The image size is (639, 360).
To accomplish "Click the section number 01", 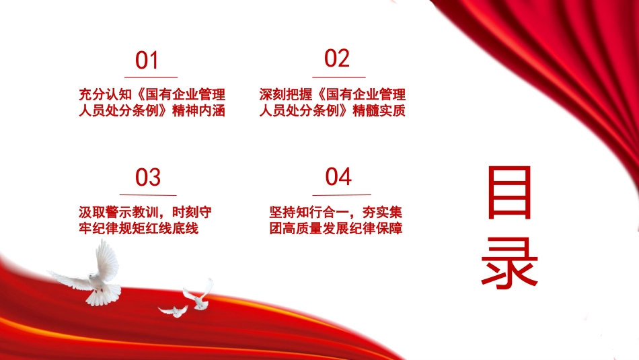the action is (x=147, y=61).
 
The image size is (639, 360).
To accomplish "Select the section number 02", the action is (x=336, y=59).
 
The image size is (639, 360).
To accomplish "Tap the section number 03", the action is (x=147, y=178).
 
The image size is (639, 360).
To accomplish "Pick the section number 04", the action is (x=338, y=176).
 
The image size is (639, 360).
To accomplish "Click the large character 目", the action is (x=509, y=192).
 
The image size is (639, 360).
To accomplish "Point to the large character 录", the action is (x=509, y=263).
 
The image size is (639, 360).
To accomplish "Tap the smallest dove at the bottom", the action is (x=174, y=311).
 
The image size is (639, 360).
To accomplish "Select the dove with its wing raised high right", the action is (x=199, y=295).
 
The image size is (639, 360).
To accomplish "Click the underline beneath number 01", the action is (x=151, y=77).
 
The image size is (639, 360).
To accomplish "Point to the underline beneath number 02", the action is (x=338, y=77).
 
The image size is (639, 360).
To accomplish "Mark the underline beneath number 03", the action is (x=148, y=195).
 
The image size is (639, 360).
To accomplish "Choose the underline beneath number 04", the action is (x=342, y=195).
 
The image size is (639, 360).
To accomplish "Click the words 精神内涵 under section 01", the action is (x=198, y=110).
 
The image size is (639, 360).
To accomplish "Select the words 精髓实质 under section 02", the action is (x=379, y=110).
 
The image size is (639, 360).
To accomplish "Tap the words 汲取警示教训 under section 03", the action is (x=118, y=212).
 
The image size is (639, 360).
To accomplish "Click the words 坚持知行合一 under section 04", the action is (x=309, y=212).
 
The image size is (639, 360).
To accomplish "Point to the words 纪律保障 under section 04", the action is (x=376, y=228).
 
